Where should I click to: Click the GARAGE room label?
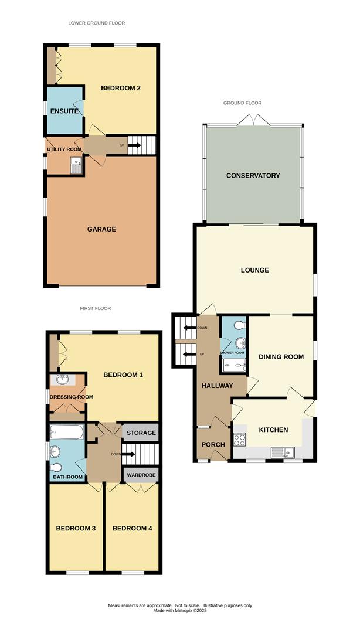(102, 229)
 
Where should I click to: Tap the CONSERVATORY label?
(253, 176)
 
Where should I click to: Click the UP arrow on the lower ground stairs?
(134, 145)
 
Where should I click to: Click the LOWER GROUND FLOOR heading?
(97, 23)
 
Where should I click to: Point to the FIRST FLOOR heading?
(96, 308)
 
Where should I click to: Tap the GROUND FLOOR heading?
(242, 103)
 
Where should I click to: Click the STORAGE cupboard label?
(141, 433)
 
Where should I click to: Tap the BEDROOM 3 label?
(76, 529)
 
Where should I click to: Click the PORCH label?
(213, 444)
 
